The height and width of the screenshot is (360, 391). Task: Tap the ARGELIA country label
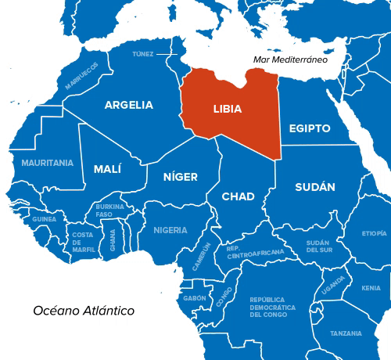128,105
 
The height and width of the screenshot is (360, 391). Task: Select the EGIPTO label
310,128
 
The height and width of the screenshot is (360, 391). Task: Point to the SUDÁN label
315,187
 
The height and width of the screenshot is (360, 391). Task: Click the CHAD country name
238,196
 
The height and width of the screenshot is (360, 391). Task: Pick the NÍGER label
180,177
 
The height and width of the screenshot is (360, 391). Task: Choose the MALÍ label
107,169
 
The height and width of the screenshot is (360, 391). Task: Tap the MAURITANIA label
47,163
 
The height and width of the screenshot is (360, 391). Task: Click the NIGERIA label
170,230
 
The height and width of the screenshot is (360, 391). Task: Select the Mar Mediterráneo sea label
289,59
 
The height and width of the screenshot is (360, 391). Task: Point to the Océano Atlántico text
84,311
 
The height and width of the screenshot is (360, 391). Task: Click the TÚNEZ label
143,54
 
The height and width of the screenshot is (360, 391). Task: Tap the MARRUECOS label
82,76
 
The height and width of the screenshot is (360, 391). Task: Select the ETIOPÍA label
374,233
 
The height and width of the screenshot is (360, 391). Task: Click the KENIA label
371,288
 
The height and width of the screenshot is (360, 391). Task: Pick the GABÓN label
194,298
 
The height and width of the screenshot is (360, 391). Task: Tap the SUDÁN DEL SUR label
318,247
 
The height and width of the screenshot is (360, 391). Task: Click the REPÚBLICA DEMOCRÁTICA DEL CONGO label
272,307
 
